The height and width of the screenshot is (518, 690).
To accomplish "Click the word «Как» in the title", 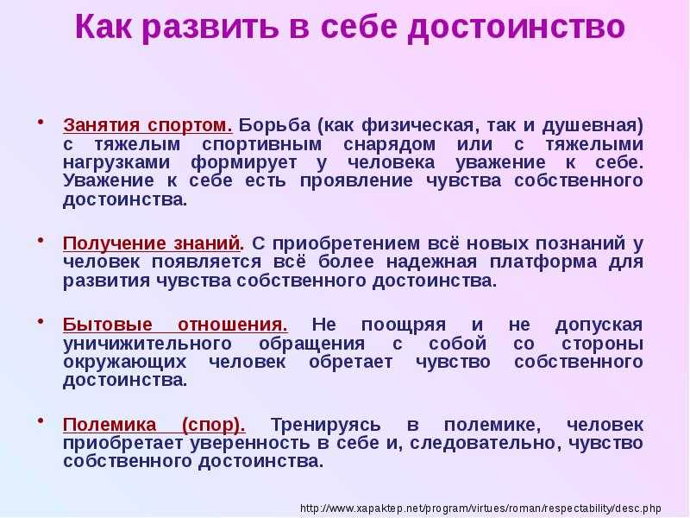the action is [103, 27].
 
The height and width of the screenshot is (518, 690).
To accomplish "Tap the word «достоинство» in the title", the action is [517, 28].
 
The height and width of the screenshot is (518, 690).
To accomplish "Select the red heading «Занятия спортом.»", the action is [147, 125].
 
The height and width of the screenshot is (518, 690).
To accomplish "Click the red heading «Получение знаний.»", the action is [154, 243].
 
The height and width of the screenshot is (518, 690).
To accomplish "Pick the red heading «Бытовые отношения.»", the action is [175, 325].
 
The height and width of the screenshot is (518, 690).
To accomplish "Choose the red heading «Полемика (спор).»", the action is [154, 425].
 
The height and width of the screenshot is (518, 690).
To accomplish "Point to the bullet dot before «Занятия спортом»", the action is [41, 122].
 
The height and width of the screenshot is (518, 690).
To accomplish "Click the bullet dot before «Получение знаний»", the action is [41, 241].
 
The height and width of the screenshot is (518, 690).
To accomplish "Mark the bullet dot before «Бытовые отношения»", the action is [41, 321].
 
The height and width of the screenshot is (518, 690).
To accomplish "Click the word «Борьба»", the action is [274, 125].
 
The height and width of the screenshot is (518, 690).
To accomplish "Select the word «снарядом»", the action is [390, 145].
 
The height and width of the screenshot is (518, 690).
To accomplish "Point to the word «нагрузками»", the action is [116, 163].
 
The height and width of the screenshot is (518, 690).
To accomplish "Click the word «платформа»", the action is [543, 262].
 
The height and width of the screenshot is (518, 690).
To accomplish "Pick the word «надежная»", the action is [432, 262].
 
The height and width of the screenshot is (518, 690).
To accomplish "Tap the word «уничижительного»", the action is [147, 343].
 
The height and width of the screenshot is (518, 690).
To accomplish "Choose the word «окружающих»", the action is [124, 362].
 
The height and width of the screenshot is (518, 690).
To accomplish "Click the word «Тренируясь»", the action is [326, 425].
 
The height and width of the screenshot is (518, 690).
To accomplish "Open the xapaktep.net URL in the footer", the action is [480, 508].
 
